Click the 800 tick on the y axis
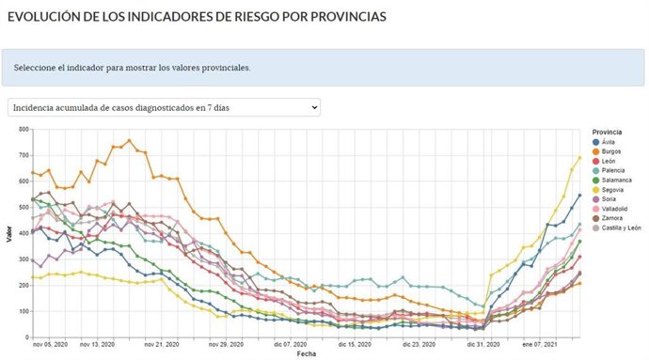(x=22, y=129)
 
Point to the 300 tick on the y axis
(x=22, y=258)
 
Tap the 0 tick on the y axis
(x=25, y=337)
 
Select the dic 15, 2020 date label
(x=348, y=345)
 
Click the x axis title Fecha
(x=307, y=354)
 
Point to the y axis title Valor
(x=8, y=233)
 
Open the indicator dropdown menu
(x=163, y=107)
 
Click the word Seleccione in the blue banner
(x=39, y=68)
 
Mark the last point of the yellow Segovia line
(x=579, y=157)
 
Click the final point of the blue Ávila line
(x=579, y=196)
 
